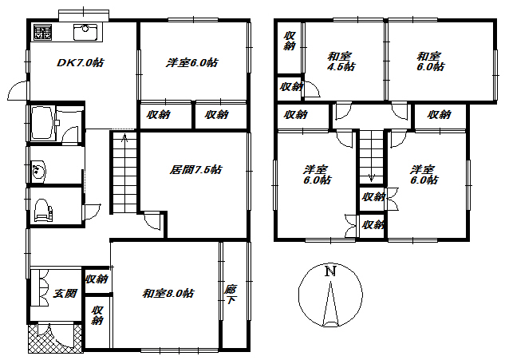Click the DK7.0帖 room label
point(81,62)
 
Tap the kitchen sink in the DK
point(85,32)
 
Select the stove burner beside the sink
point(42,32)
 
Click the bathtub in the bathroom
point(43,122)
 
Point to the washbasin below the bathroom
point(38,170)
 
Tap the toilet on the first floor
point(43,210)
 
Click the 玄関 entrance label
point(65,293)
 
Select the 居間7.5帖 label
point(195,169)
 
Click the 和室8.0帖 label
point(168,293)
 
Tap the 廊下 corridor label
point(231,295)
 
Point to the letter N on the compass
point(330,271)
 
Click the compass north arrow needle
point(331,303)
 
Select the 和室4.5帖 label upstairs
point(341,61)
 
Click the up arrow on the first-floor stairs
point(124,138)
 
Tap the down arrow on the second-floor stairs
point(371,177)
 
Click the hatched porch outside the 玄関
point(54,338)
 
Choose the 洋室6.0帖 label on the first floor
point(192,62)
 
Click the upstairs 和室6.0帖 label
point(430,61)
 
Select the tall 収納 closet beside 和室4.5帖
point(290,47)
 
